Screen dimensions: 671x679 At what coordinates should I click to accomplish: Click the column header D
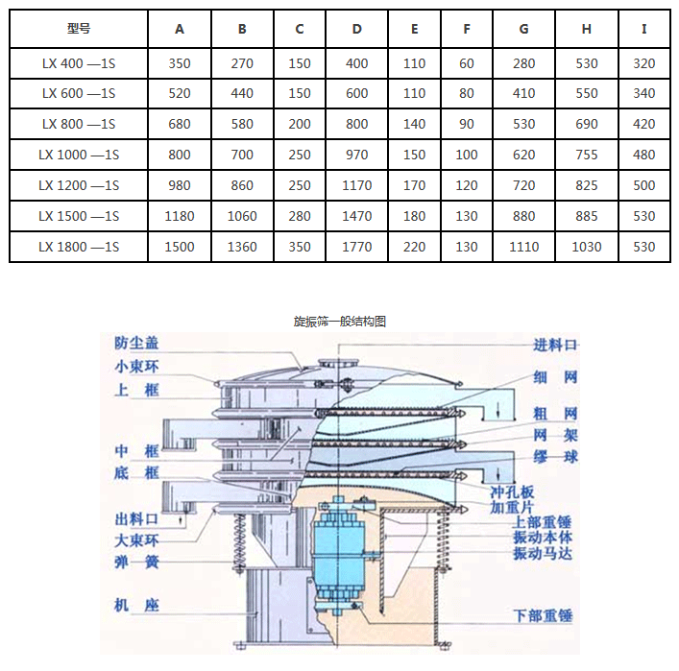(x=357, y=29)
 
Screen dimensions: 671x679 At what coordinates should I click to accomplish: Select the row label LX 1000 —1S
(x=79, y=155)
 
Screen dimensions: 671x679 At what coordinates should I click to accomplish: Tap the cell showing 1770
(x=357, y=247)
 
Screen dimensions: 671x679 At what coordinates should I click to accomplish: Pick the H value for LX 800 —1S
(x=586, y=124)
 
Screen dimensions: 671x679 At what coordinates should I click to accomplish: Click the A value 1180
(x=180, y=216)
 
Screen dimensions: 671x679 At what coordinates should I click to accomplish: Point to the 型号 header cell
(x=79, y=29)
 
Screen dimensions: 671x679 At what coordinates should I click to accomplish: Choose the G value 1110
(x=523, y=247)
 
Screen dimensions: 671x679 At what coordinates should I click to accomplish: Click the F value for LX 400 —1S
(x=467, y=63)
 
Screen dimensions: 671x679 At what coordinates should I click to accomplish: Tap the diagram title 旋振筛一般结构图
(x=340, y=321)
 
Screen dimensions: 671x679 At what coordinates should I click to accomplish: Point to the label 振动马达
(x=543, y=554)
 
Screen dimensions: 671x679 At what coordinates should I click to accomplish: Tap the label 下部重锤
(x=543, y=615)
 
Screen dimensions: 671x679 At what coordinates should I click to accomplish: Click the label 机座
(x=137, y=606)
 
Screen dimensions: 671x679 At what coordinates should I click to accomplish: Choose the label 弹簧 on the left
(x=137, y=562)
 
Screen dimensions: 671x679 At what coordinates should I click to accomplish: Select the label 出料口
(x=137, y=519)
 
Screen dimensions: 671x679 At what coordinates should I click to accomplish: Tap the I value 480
(x=644, y=155)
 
